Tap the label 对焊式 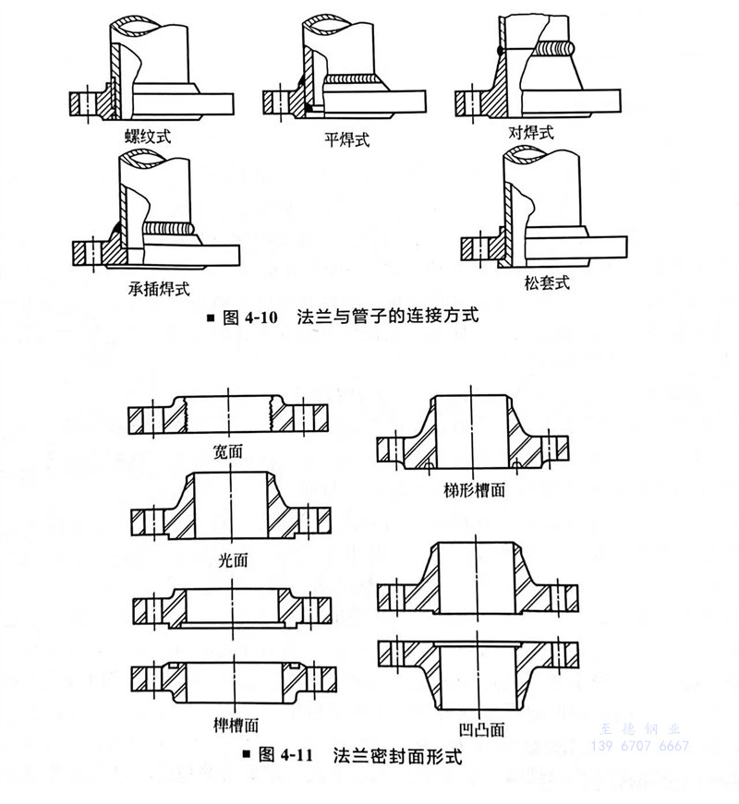coord(531,133)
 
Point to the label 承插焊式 coord(159,287)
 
